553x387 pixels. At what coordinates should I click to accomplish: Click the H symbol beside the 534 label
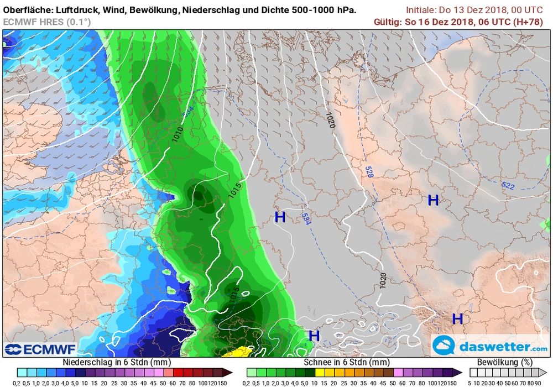coord(280,217)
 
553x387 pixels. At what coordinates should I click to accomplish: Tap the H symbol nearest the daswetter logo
coord(457,319)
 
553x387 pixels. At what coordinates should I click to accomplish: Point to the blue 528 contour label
coord(368,172)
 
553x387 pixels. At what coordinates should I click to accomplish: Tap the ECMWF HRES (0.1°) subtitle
coord(47,22)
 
